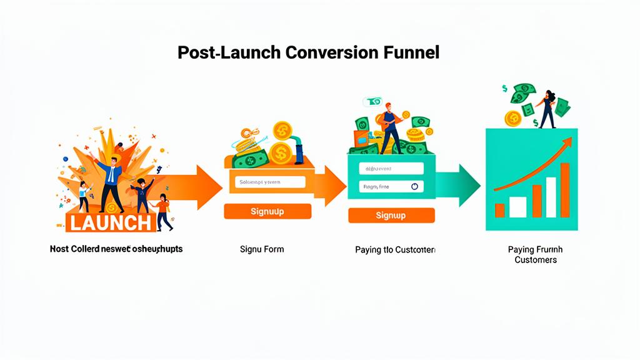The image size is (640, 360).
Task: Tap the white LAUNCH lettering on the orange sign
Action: (110, 222)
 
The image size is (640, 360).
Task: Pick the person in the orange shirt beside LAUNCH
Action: (163, 211)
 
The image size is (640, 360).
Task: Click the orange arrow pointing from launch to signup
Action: (200, 187)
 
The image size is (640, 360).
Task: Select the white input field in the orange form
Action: (271, 182)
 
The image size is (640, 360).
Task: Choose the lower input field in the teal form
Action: (391, 186)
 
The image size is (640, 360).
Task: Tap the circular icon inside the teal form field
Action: (414, 186)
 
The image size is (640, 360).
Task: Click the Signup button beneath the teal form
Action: (391, 216)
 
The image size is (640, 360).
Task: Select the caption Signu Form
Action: (262, 249)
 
